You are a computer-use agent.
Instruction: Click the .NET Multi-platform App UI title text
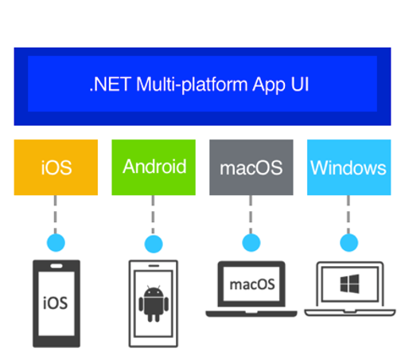point(200,84)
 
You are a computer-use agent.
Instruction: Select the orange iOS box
point(56,167)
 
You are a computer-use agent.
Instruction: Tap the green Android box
point(154,167)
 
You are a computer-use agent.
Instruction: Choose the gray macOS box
point(251,167)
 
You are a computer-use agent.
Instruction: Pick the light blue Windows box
point(349,167)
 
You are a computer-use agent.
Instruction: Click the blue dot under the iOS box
point(56,243)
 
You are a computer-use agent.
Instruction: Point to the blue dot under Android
point(154,244)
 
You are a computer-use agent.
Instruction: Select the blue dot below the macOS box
point(251,243)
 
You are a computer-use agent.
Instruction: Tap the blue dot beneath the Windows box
point(349,243)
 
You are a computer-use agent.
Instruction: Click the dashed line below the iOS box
point(55,214)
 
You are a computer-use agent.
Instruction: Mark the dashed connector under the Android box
point(153,215)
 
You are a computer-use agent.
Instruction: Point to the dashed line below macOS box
point(251,214)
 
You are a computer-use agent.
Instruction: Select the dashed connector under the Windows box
point(349,214)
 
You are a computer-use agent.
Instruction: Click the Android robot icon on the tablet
point(154,304)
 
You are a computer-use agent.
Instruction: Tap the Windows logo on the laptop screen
point(349,284)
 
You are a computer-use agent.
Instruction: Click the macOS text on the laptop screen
point(252,285)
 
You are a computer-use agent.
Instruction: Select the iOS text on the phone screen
point(56,303)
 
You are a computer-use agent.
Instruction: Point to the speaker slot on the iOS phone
point(56,266)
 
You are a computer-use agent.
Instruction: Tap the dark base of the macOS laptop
point(251,314)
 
